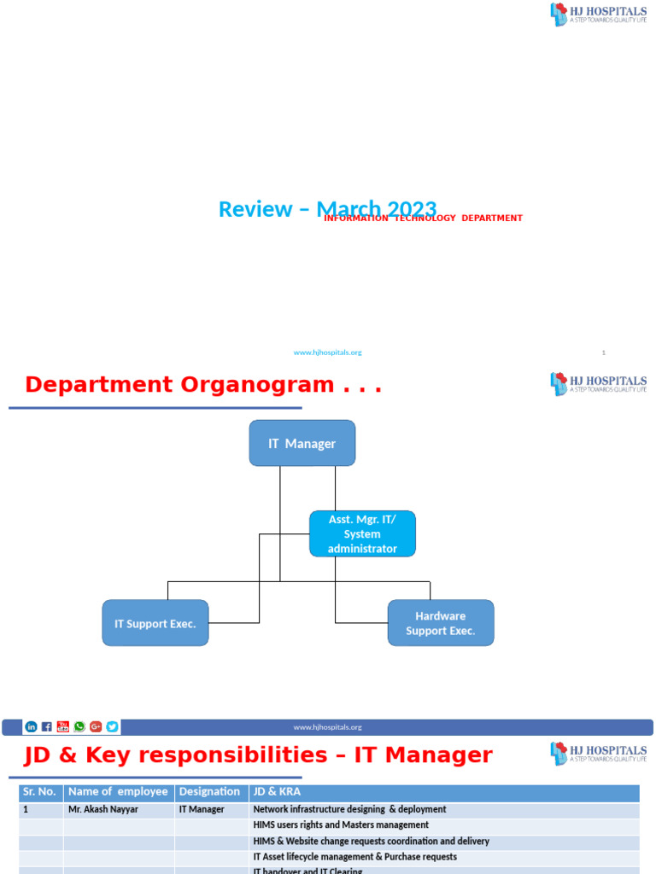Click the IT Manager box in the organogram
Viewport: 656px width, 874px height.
302,443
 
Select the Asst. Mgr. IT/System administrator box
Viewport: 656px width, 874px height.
362,534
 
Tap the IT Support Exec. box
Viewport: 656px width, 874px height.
155,623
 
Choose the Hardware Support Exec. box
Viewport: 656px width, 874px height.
440,623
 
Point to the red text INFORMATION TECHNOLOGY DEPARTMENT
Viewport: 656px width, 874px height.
423,218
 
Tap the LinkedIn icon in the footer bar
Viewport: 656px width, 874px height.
32,727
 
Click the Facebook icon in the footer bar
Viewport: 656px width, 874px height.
47,727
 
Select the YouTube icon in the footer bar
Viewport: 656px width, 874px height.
63,727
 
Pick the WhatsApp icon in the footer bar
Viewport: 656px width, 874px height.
79,727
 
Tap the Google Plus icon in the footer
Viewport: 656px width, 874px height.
96,727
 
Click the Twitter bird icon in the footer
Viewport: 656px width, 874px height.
112,727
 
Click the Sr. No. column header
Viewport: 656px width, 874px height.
39,791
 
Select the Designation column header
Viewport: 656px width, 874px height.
209,791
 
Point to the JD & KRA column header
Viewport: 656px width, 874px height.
277,791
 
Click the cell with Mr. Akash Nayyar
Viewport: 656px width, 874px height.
102,809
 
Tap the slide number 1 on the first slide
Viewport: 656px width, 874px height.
603,353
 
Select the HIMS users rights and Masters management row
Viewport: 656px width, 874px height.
341,825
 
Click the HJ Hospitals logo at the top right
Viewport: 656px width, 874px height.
598,15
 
